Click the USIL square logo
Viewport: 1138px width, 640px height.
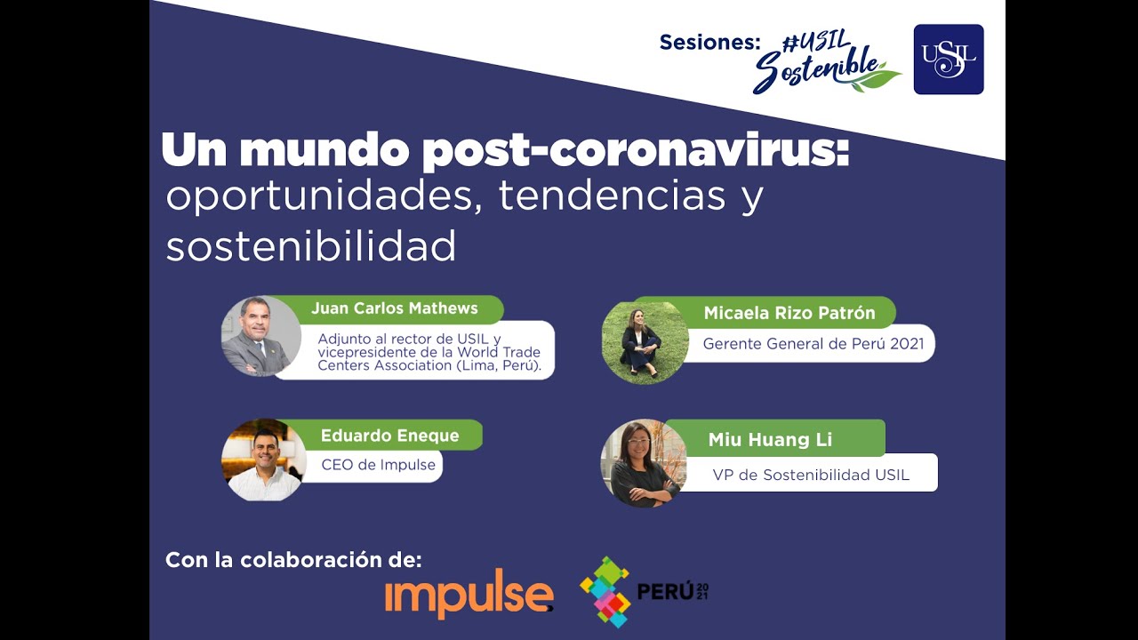click(x=949, y=59)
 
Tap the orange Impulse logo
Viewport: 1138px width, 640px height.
click(x=469, y=594)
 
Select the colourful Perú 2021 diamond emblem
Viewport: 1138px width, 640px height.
click(x=605, y=591)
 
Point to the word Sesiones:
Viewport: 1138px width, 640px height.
click(x=709, y=42)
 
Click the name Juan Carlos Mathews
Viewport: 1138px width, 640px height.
click(x=394, y=308)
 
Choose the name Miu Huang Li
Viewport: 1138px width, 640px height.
click(x=770, y=439)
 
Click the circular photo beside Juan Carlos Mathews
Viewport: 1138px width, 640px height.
click(x=260, y=336)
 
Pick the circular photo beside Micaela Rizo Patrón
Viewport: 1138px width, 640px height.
click(x=644, y=341)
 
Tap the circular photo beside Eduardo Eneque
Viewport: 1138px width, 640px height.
click(x=263, y=460)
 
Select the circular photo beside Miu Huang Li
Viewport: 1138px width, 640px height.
click(x=642, y=464)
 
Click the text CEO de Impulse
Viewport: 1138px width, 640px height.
click(x=378, y=465)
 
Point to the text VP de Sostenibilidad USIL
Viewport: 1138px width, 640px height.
click(x=810, y=475)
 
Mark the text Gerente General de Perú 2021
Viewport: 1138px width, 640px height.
click(x=813, y=343)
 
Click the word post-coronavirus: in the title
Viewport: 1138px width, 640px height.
click(x=636, y=151)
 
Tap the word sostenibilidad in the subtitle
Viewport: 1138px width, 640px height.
click(x=310, y=245)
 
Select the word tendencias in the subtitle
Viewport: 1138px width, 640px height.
click(x=612, y=196)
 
